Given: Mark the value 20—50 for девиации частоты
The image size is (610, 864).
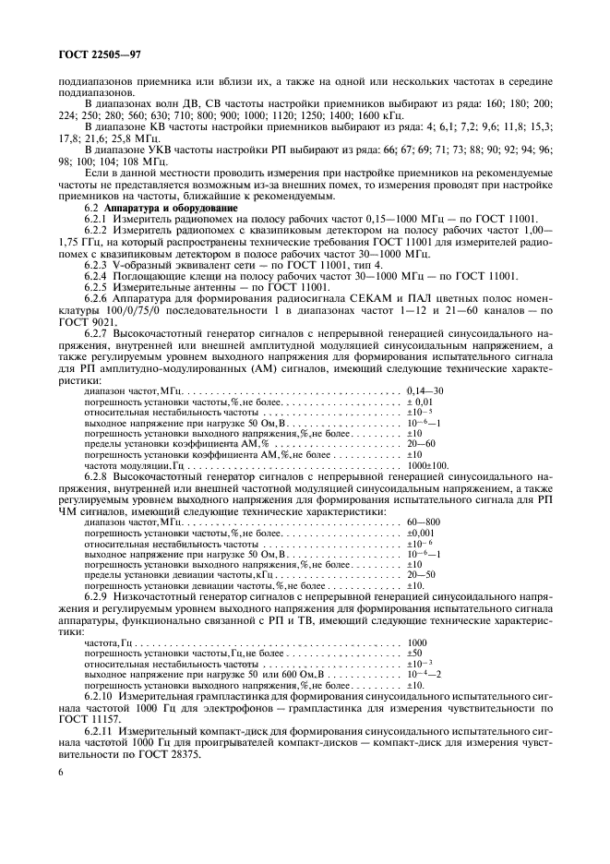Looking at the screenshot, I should tap(421, 573).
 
